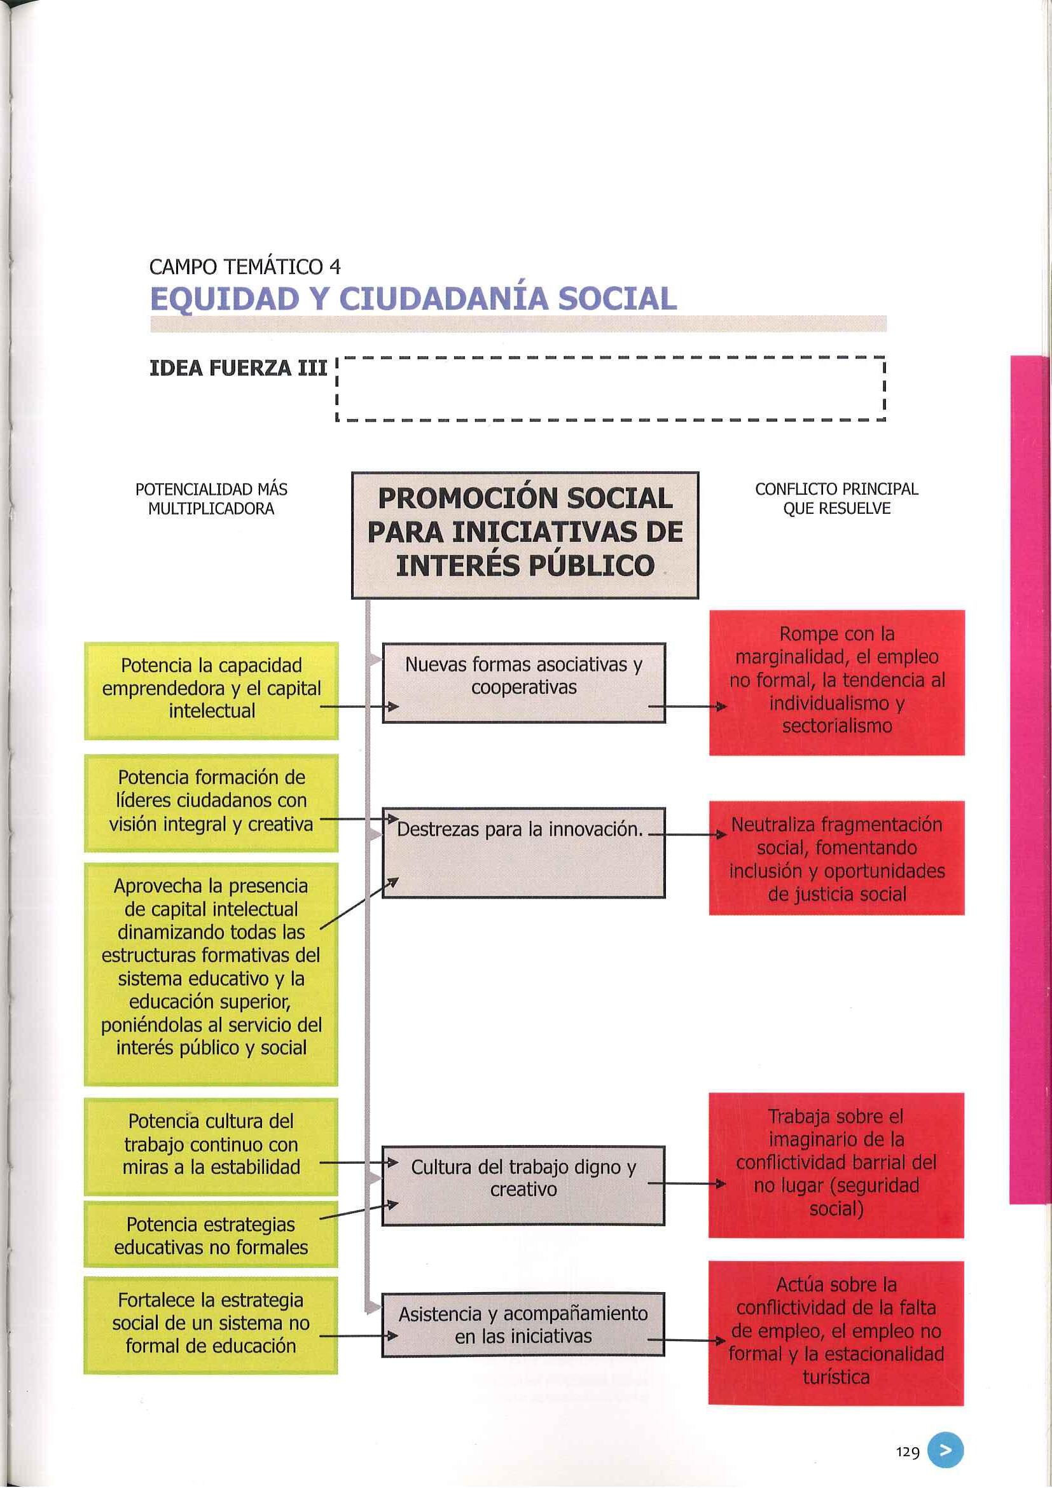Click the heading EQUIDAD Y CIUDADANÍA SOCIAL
413,299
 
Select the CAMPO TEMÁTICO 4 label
244,266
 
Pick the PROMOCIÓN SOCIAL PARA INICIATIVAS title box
524,534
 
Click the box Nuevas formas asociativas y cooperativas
523,682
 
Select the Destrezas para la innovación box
523,852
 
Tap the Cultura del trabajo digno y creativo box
523,1185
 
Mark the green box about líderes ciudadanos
211,803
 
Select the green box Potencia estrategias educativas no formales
211,1237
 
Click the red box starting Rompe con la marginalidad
836,682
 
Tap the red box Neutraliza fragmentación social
836,858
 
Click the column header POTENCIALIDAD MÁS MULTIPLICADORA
211,499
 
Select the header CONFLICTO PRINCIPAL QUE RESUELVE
836,499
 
